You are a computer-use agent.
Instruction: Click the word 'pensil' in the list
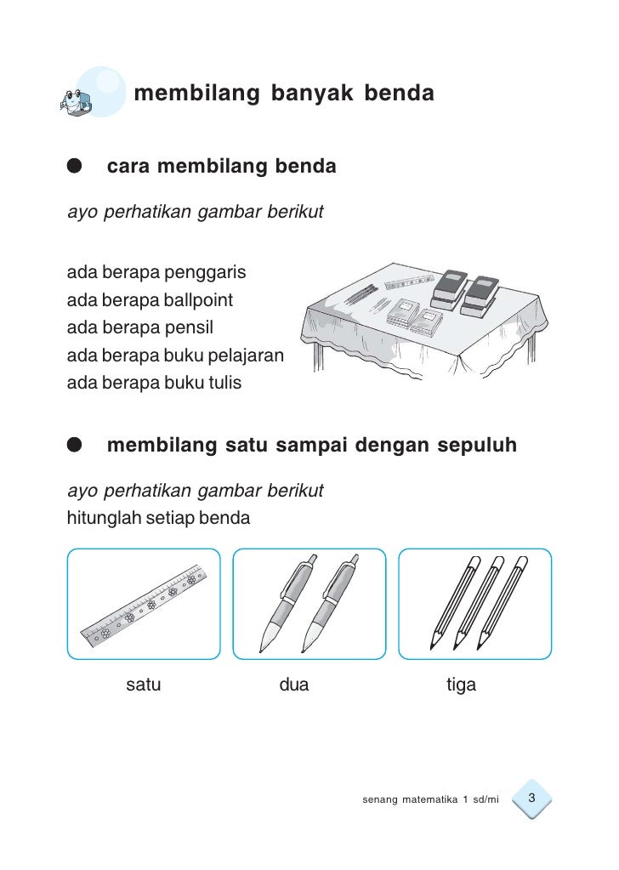(189, 328)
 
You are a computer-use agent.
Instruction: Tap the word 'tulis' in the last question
(222, 383)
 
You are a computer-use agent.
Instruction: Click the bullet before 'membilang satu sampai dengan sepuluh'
(76, 445)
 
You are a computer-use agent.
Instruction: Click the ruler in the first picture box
(144, 605)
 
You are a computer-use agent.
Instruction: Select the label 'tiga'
(461, 685)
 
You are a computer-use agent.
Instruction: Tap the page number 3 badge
(531, 799)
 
